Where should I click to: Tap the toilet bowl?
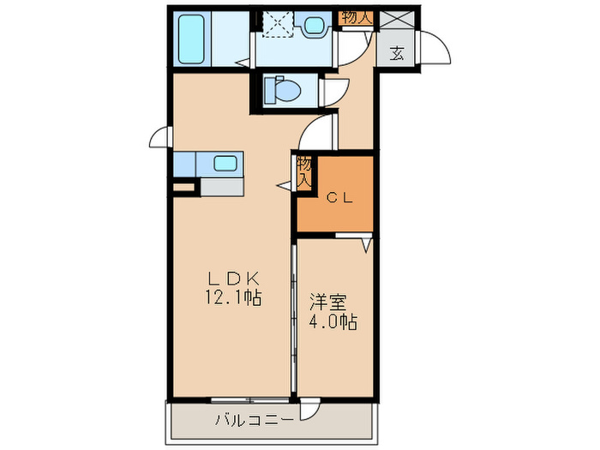[x=279, y=88]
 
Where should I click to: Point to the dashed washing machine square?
[x=277, y=25]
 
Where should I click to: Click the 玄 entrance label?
[x=398, y=53]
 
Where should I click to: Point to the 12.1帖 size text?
[x=231, y=299]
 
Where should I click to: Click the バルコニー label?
[x=254, y=421]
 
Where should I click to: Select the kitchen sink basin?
[x=225, y=163]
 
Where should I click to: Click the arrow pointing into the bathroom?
[x=244, y=62]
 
